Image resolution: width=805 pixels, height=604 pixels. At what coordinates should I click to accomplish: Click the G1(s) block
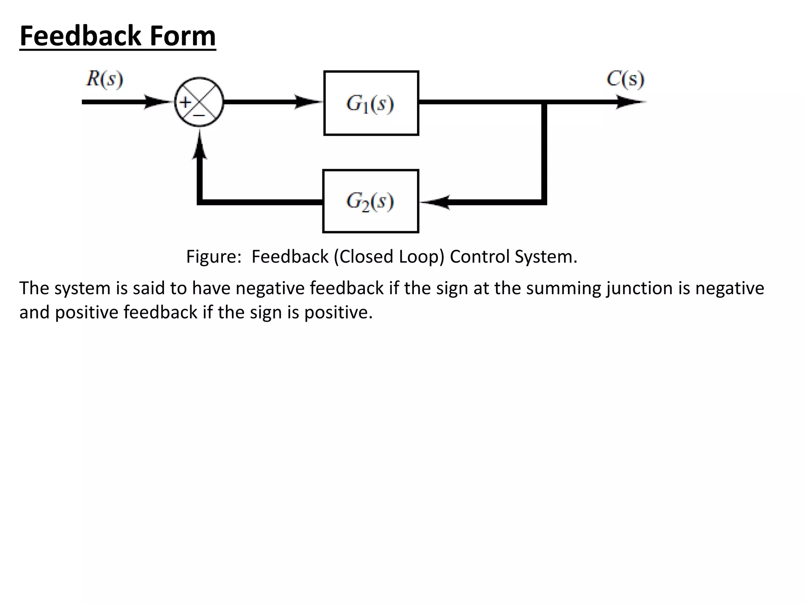pos(371,103)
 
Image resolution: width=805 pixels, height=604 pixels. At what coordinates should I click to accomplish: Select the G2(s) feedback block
pos(370,201)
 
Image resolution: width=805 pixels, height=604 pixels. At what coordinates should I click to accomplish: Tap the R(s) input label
pos(105,79)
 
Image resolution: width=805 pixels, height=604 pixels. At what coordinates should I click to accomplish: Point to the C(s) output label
pos(625,79)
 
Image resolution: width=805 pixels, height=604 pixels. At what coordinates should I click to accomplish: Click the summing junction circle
pos(199,102)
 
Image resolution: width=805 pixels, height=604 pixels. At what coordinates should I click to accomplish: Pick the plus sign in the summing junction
pos(185,103)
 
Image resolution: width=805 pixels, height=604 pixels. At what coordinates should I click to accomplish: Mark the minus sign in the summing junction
pos(199,116)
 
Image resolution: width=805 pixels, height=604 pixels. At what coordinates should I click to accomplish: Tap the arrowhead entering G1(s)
pos(309,102)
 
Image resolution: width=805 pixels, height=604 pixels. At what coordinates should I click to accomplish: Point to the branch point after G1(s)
pos(544,102)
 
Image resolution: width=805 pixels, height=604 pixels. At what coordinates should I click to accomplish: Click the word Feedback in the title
pos(80,36)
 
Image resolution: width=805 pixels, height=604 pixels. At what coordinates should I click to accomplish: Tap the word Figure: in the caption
pos(214,257)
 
